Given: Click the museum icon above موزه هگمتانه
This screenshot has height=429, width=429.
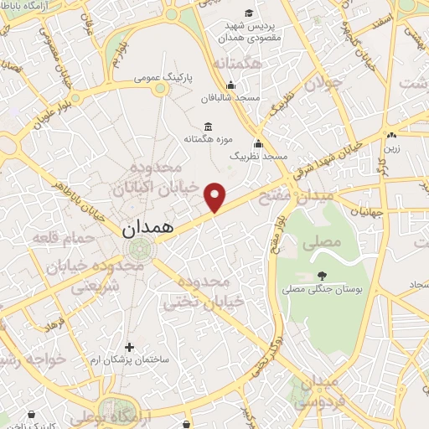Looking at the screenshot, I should [208, 127].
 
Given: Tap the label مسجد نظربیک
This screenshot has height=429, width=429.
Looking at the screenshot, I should [259, 157].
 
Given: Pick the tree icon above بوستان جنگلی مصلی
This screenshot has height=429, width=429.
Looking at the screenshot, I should [323, 275].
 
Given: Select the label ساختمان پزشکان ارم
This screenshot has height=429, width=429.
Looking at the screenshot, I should [129, 359].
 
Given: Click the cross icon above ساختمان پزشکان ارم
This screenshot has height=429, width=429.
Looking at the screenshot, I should [129, 347].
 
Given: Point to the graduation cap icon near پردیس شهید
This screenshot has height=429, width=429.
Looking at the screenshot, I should [249, 12].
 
